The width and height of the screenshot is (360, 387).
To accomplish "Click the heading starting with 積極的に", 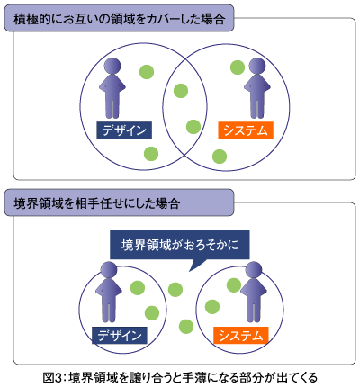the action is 120,19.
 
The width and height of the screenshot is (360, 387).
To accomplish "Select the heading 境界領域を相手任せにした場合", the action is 97,203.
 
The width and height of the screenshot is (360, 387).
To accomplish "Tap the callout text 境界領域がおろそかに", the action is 180,245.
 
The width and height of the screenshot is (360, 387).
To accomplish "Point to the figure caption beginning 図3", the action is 180,377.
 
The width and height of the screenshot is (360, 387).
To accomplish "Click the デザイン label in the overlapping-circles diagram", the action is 124,130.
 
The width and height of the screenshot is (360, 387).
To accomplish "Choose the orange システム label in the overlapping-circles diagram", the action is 246,130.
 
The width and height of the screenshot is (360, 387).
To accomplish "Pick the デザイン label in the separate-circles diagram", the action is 120,335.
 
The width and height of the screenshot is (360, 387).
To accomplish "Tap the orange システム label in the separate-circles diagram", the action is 241,335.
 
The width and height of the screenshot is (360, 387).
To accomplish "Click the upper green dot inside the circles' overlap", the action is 181,91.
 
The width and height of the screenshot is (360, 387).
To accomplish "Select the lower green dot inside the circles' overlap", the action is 193,127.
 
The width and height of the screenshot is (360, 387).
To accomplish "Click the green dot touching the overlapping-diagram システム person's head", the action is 238,67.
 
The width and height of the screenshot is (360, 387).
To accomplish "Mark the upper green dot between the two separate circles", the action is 175,290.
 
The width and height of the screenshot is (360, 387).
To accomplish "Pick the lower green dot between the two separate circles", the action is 186,327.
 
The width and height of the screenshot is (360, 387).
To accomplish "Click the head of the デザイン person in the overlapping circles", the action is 112,66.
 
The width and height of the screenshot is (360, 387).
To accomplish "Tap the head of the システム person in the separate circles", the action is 254,270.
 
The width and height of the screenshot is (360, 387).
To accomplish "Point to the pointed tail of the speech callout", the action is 189,271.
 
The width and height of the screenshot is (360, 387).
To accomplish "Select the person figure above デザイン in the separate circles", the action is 109,292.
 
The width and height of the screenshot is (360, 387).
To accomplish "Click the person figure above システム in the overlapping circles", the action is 257,88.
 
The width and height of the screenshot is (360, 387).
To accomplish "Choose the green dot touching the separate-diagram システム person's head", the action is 234,285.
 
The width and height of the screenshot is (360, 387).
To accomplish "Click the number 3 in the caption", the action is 58,377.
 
